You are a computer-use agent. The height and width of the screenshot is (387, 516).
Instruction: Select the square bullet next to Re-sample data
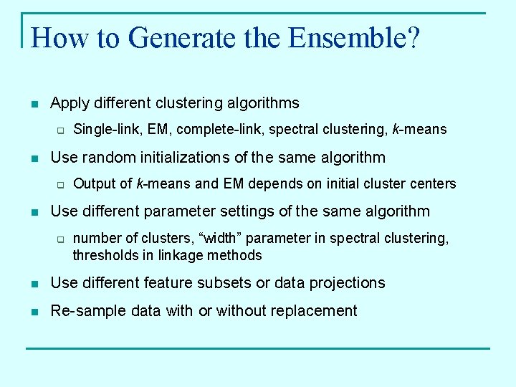34,312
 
